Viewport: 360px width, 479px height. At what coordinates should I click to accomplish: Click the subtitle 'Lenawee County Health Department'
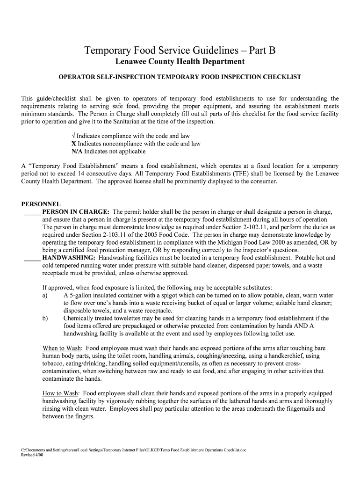[x=180, y=62]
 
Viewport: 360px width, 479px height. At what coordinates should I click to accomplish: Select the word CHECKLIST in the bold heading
[x=277, y=77]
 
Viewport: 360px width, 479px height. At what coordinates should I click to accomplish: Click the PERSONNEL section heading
[x=41, y=204]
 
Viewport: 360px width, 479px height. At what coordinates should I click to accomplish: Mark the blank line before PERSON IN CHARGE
[x=32, y=212]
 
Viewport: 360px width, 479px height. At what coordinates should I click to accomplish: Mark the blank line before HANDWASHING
[x=32, y=258]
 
